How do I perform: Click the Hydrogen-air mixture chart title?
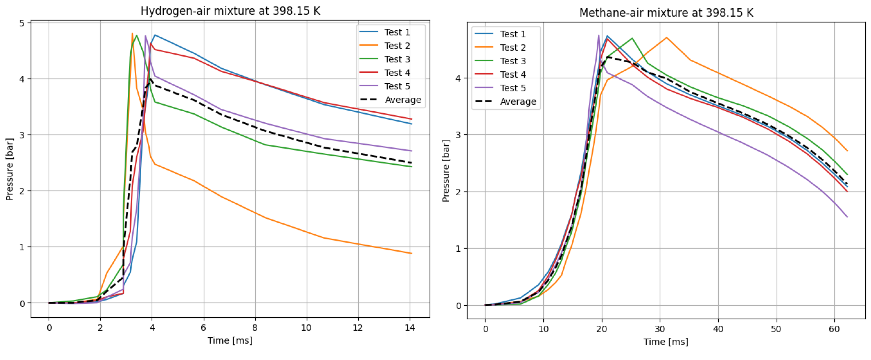coord(230,11)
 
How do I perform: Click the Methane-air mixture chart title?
coord(666,13)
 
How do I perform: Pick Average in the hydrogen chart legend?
coord(403,100)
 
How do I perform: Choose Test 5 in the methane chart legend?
coord(513,88)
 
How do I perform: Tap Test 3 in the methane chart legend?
coord(513,61)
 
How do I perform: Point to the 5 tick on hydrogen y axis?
coord(22,23)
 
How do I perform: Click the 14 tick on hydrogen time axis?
coord(410,328)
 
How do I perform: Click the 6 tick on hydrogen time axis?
coord(203,328)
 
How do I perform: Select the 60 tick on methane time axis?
coord(834,329)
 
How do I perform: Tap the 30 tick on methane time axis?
coord(660,329)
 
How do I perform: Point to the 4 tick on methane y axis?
coord(459,78)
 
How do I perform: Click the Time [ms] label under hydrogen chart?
coord(230,340)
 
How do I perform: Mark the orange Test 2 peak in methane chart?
coord(667,37)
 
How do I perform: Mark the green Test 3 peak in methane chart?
coord(632,38)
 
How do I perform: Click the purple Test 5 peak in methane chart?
coord(599,35)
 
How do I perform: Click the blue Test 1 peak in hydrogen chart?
coord(155,35)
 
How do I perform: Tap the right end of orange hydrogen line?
coord(412,253)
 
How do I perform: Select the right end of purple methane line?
coord(847,217)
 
